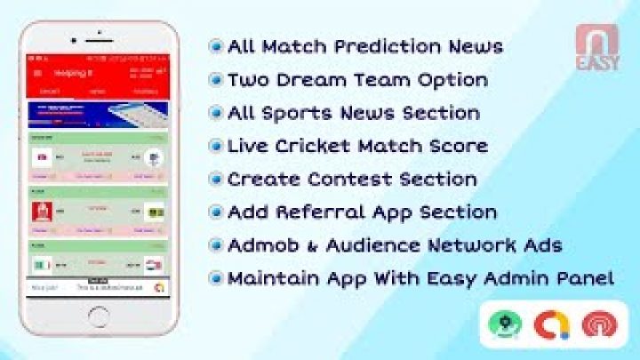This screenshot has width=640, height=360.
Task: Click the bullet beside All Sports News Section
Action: [x=215, y=114]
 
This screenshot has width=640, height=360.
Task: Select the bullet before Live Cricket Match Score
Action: [x=215, y=147]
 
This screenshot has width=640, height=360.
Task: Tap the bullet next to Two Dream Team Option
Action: [x=215, y=80]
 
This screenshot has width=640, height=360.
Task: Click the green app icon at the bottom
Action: [x=505, y=324]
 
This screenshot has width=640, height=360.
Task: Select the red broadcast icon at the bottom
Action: [x=600, y=324]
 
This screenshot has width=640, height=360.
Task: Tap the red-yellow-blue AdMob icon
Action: [x=552, y=324]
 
